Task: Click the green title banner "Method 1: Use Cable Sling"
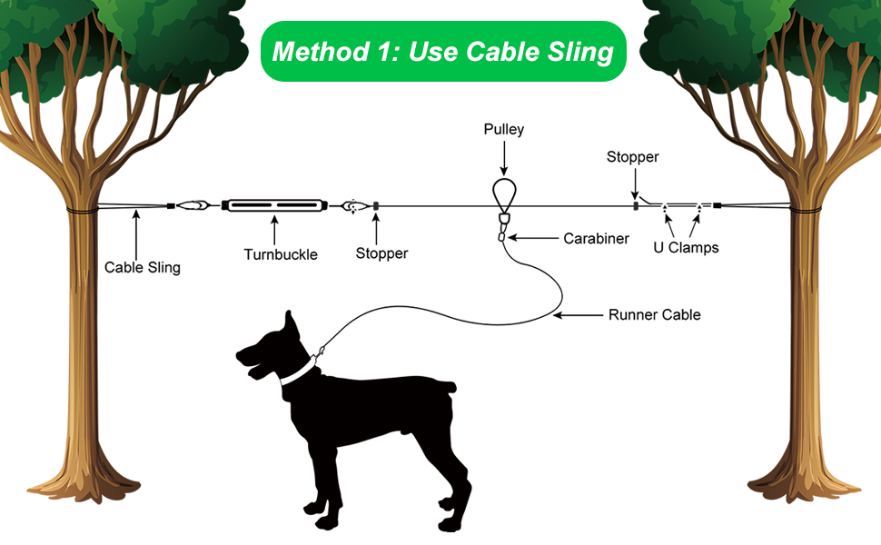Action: pos(443,52)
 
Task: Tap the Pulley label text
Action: pos(503,130)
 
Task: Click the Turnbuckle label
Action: pos(281,254)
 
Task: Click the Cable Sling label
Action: pos(143,267)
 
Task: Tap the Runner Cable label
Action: pos(654,315)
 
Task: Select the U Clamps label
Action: pos(686,247)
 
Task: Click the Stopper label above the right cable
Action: pos(632,157)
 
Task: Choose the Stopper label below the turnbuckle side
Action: pos(381,253)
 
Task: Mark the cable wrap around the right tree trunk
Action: pos(805,212)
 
